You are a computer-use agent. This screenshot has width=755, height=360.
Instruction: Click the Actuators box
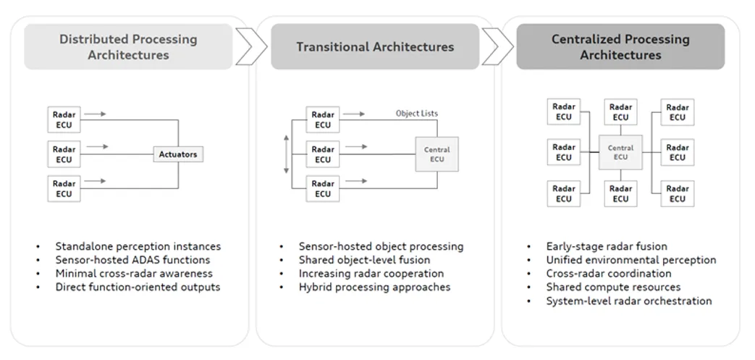178,154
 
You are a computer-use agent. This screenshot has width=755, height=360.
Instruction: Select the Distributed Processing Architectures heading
128,47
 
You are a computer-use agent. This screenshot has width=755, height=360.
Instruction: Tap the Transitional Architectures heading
375,47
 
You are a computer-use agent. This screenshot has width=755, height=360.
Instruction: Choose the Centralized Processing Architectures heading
620,47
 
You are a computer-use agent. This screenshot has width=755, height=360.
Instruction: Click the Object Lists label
417,114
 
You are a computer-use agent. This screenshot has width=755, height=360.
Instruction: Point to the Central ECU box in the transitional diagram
436,154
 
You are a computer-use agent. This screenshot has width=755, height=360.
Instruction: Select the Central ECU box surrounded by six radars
620,152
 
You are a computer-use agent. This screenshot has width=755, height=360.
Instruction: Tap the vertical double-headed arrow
287,154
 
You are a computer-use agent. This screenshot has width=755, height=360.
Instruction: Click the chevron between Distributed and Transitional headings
251,47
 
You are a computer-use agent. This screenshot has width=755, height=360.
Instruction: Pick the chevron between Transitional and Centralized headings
497,47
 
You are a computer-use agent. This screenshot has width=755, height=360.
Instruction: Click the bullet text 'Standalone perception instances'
138,246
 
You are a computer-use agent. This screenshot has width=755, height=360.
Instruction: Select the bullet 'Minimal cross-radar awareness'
134,273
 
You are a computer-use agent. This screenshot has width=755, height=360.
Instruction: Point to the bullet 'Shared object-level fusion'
365,260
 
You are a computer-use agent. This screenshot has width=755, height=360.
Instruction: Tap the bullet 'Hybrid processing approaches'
375,288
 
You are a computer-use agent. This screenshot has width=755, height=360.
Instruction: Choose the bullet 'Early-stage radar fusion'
607,246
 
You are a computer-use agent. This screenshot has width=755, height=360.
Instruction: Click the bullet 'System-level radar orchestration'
629,301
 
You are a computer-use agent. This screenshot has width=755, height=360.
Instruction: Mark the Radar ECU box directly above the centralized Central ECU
620,112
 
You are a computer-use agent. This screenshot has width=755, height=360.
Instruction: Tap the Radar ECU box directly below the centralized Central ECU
620,193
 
